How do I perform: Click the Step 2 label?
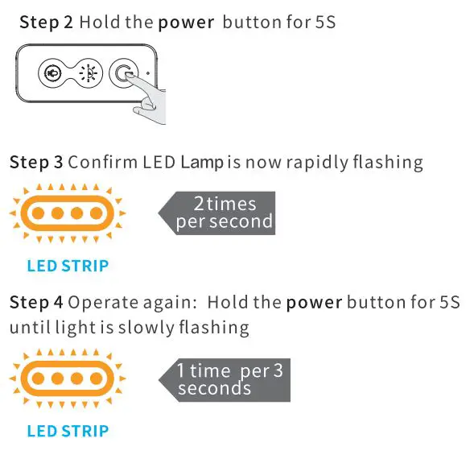click(x=46, y=23)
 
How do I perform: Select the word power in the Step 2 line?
click(x=186, y=23)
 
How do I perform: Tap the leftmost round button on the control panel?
click(x=50, y=73)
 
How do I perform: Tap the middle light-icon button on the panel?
click(x=88, y=73)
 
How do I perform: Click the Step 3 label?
click(x=37, y=163)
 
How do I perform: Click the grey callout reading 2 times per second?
click(x=217, y=213)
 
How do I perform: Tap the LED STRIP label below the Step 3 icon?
click(x=68, y=266)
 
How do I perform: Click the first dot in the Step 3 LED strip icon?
click(x=38, y=213)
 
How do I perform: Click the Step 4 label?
click(x=37, y=304)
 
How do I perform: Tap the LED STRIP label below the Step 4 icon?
click(x=68, y=431)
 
